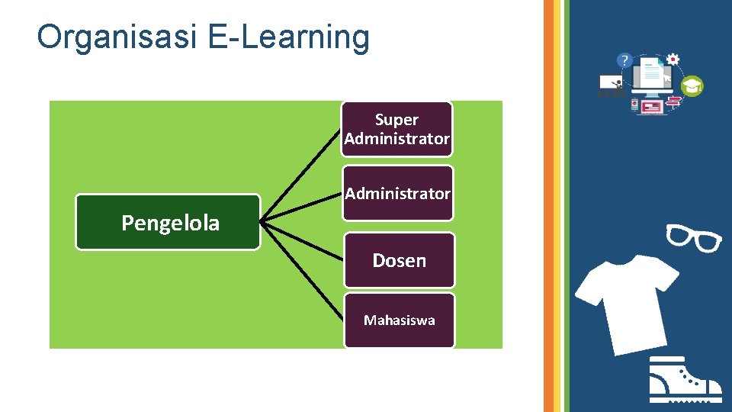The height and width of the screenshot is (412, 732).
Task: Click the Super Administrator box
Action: tap(396, 130)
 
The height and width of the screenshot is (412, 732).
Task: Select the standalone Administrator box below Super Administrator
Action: tap(397, 193)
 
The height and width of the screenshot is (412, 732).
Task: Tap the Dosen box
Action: tap(399, 260)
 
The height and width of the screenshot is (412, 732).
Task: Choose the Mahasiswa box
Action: tap(399, 320)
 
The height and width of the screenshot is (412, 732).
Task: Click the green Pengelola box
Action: tap(168, 223)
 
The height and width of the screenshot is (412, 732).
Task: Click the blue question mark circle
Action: tap(625, 60)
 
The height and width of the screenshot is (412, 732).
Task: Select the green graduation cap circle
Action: tap(692, 86)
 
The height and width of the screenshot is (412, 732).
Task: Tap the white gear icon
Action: tap(673, 59)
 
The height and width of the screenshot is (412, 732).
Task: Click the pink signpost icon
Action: tap(674, 101)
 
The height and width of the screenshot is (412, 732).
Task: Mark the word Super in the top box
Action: tap(396, 120)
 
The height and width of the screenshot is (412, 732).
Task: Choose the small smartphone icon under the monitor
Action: tap(634, 105)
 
